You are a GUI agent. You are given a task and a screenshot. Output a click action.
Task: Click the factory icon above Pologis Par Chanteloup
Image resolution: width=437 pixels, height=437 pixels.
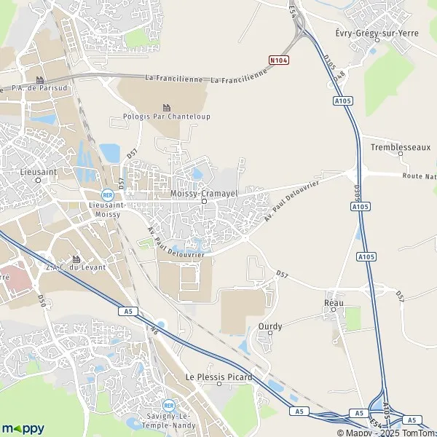pos(166,107)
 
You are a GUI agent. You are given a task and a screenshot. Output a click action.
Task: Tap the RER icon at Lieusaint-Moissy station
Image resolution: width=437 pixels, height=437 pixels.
pos(107,194)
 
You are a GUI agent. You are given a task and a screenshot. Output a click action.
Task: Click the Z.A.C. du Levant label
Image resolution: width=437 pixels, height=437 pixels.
pos(76,267)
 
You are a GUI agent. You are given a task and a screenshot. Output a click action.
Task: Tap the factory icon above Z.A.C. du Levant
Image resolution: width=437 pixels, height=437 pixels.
pos(76,258)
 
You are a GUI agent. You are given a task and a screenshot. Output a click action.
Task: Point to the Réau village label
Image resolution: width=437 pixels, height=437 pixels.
pos(334,302)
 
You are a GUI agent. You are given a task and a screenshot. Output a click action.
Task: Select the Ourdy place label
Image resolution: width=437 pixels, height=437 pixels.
pos(269,327)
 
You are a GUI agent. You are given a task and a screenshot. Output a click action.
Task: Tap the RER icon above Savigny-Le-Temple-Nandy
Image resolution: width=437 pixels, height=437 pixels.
pos(168,405)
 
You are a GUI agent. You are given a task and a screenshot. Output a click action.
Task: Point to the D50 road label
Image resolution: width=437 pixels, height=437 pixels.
pos(42,304)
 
